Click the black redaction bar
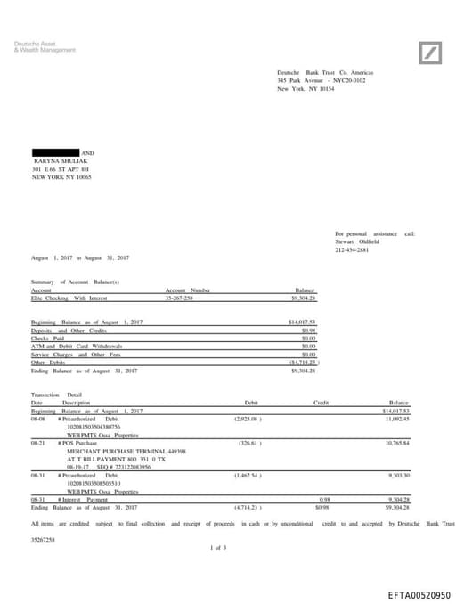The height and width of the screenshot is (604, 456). [55, 153]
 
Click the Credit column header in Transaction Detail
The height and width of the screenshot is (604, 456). [321, 404]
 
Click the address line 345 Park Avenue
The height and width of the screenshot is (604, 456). [321, 80]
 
